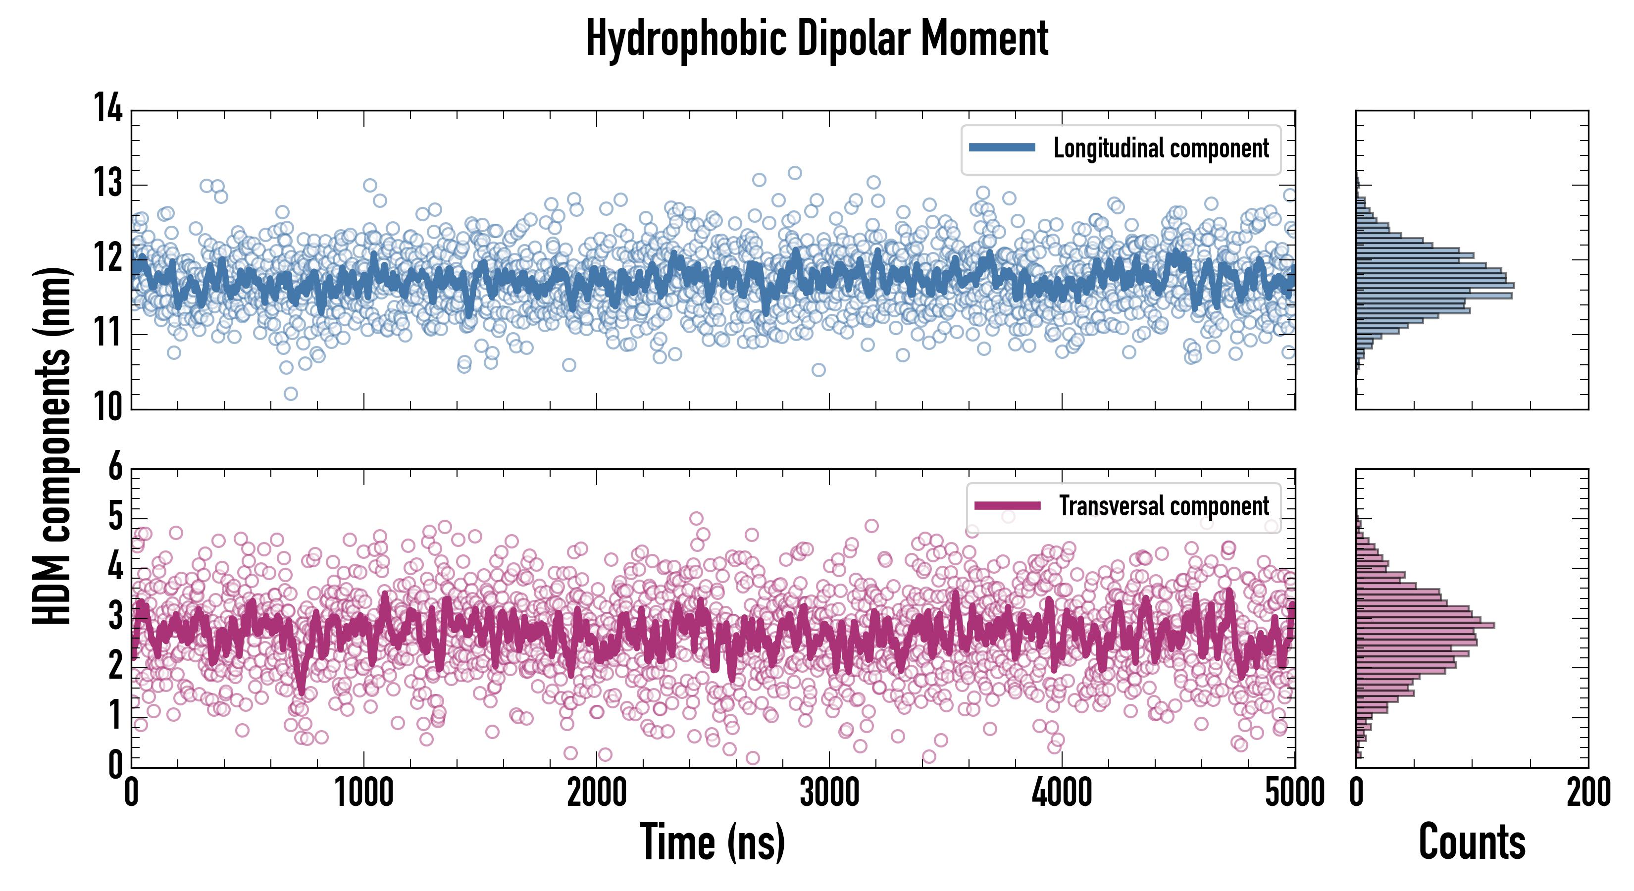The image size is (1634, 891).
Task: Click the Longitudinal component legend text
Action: [x=1161, y=148]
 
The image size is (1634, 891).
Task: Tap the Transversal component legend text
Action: [x=1164, y=506]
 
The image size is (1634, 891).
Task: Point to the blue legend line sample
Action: [x=1002, y=148]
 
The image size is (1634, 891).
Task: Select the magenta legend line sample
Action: [x=1007, y=505]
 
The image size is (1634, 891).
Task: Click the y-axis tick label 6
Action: [x=115, y=467]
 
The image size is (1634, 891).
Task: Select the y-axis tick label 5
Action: [x=115, y=516]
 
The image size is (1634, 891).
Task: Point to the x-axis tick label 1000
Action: [x=363, y=792]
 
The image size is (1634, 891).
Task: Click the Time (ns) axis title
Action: [x=713, y=842]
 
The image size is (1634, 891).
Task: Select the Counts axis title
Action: [x=1472, y=842]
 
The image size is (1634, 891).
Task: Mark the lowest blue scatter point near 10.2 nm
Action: [x=291, y=394]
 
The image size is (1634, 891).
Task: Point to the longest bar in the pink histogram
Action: [x=1425, y=625]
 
